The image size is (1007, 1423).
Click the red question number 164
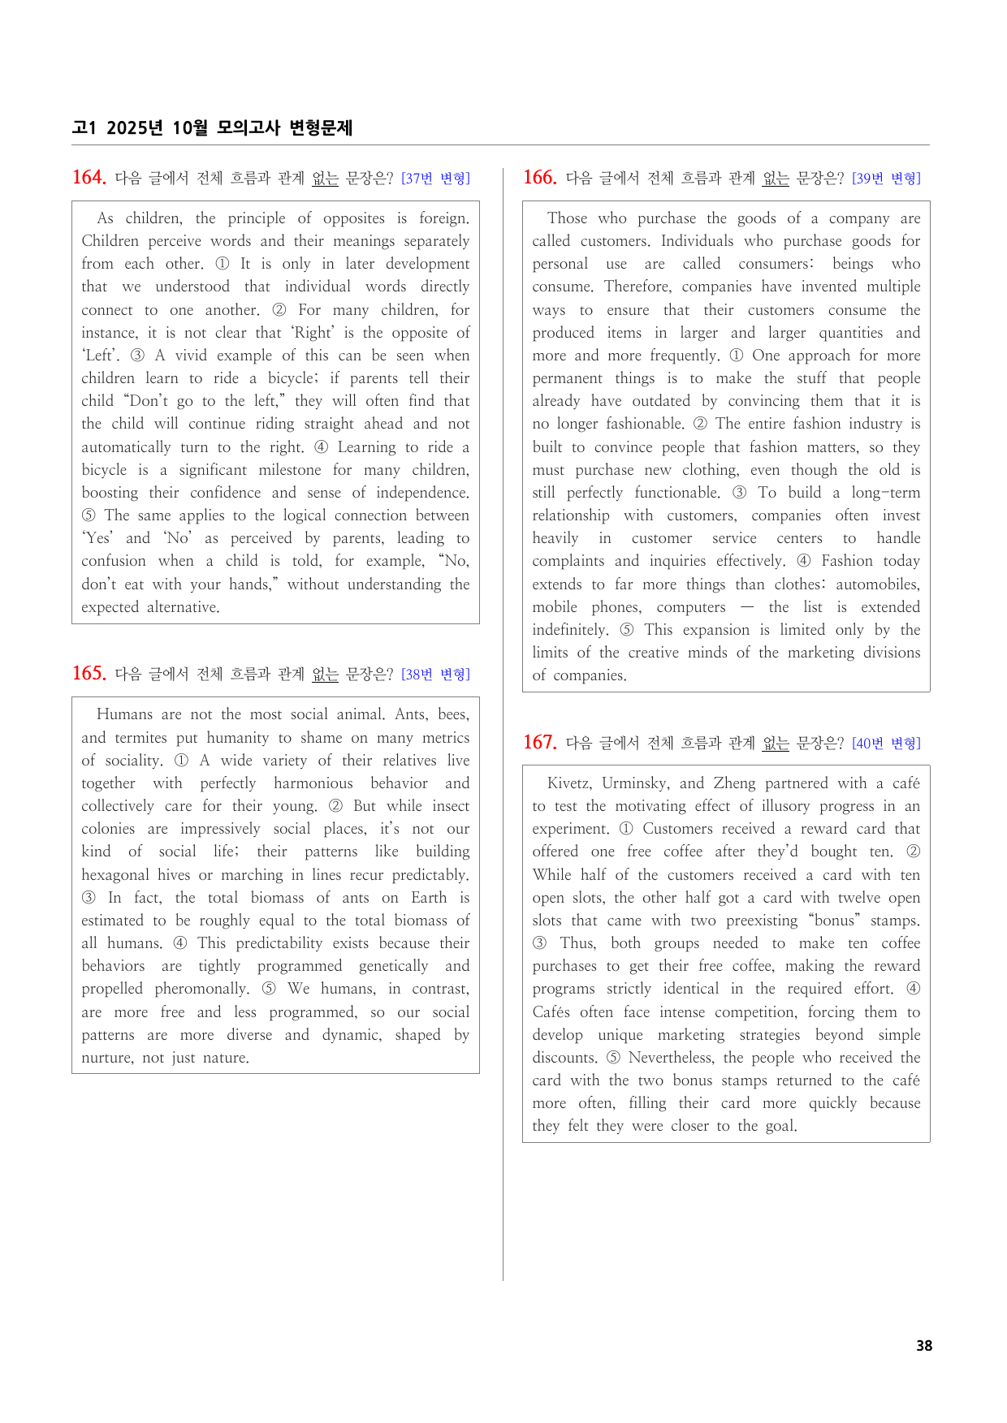pos(89,177)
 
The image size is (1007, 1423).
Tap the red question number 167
pos(539,742)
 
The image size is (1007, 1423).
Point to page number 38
pos(924,1345)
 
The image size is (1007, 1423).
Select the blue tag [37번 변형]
pos(435,179)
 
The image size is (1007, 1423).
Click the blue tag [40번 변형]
pos(886,743)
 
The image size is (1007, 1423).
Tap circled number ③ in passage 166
pos(739,493)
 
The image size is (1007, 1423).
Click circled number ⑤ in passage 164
pos(89,515)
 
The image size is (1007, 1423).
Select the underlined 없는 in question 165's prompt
pos(325,674)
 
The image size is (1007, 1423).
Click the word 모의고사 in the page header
pos(249,127)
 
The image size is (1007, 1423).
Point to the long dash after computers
pos(747,607)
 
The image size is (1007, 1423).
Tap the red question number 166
pos(539,177)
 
